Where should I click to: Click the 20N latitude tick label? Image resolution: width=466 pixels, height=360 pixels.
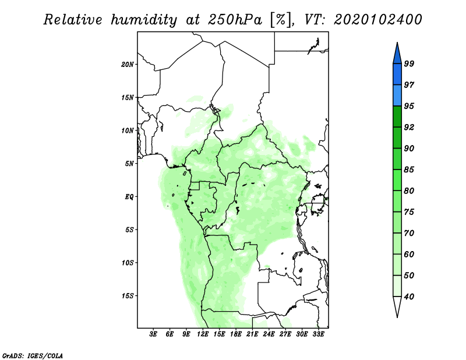pyautogui.click(x=128, y=65)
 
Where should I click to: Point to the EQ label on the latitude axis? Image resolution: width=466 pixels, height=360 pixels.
pyautogui.click(x=129, y=197)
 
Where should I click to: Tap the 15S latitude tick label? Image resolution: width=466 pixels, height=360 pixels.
pyautogui.click(x=128, y=296)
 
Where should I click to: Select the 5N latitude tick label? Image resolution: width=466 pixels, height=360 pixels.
pyautogui.click(x=129, y=164)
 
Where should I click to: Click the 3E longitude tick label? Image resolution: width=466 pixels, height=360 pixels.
pyautogui.click(x=153, y=334)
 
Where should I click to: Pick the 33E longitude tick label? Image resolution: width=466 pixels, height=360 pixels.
pyautogui.click(x=318, y=334)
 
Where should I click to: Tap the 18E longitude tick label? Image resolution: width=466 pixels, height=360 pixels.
pyautogui.click(x=236, y=334)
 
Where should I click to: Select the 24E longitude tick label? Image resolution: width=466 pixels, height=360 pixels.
pyautogui.click(x=269, y=334)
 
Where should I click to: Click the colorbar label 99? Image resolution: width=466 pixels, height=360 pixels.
pyautogui.click(x=409, y=63)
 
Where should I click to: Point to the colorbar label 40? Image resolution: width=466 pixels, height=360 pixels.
pyautogui.click(x=409, y=297)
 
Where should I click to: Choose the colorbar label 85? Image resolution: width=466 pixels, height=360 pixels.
pyautogui.click(x=409, y=170)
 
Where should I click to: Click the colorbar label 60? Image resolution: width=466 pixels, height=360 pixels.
pyautogui.click(x=409, y=254)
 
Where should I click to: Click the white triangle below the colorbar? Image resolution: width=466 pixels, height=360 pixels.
pyautogui.click(x=397, y=306)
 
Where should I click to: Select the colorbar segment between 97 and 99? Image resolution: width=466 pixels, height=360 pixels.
pyautogui.click(x=397, y=75)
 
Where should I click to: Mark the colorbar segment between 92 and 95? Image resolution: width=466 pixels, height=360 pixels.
pyautogui.click(x=397, y=117)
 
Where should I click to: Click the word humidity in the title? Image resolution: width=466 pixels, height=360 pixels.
pyautogui.click(x=144, y=20)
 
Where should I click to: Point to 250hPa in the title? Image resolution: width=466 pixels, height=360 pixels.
pyautogui.click(x=235, y=20)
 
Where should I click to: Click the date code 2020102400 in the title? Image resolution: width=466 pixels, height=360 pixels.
pyautogui.click(x=377, y=20)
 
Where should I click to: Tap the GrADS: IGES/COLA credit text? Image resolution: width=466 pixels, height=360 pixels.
pyautogui.click(x=33, y=355)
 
